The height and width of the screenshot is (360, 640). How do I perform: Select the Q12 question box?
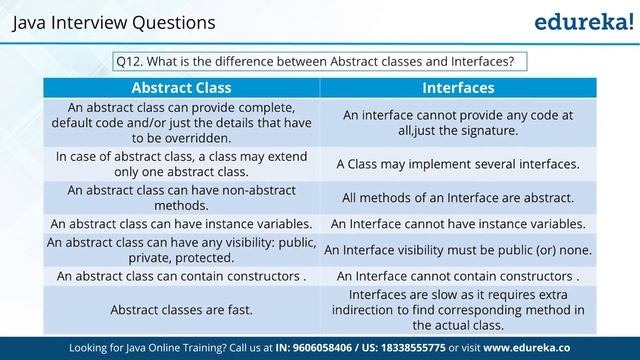click(x=320, y=61)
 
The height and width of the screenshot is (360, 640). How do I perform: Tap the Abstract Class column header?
click(x=183, y=87)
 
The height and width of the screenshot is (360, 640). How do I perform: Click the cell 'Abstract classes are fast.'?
click(x=183, y=310)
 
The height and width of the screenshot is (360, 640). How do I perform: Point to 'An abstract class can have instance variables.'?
click(x=183, y=224)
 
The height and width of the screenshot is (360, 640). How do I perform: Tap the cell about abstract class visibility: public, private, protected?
click(x=183, y=250)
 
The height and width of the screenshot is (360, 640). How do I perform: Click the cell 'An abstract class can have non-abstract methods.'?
click(x=183, y=197)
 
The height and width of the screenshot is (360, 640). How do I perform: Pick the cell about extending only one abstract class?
click(x=183, y=164)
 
